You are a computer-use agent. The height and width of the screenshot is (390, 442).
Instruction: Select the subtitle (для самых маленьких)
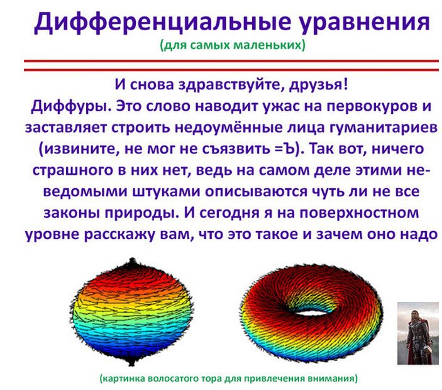tap(233, 45)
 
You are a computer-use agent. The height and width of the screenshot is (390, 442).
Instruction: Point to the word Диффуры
tap(63, 105)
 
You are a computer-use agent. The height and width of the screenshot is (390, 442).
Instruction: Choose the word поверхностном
tap(340, 212)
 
